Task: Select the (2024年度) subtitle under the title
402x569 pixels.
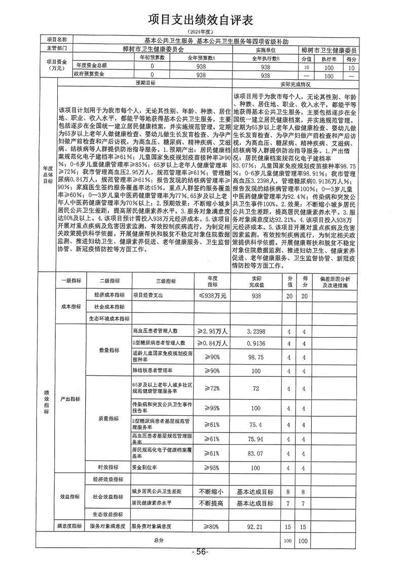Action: pos(201,32)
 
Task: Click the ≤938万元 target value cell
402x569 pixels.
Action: pos(212,295)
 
